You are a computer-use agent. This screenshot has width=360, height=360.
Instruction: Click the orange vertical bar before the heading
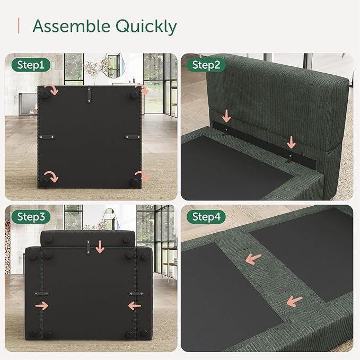point(19,25)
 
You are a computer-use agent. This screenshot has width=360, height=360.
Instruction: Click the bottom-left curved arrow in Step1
point(50,175)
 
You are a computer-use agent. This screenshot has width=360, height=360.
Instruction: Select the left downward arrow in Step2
point(226,116)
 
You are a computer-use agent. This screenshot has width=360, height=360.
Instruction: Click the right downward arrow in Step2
point(291,141)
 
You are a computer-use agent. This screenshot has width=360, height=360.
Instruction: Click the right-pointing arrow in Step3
point(41,306)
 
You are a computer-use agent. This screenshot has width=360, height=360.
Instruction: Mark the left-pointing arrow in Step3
point(135,306)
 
